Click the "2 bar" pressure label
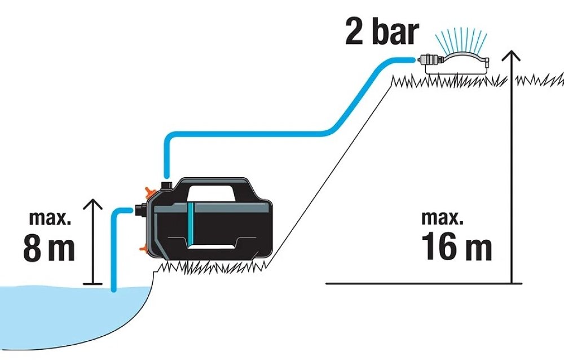click(382, 32)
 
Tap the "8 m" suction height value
click(49, 248)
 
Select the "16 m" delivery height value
click(456, 245)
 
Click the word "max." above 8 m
click(50, 218)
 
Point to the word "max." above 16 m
click(442, 218)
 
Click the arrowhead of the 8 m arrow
click(93, 204)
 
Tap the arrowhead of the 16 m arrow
click(511, 55)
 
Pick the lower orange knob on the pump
click(144, 248)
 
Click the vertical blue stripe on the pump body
click(191, 223)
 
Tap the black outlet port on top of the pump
click(166, 186)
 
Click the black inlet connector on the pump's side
click(140, 210)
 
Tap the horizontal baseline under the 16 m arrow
click(424, 283)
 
